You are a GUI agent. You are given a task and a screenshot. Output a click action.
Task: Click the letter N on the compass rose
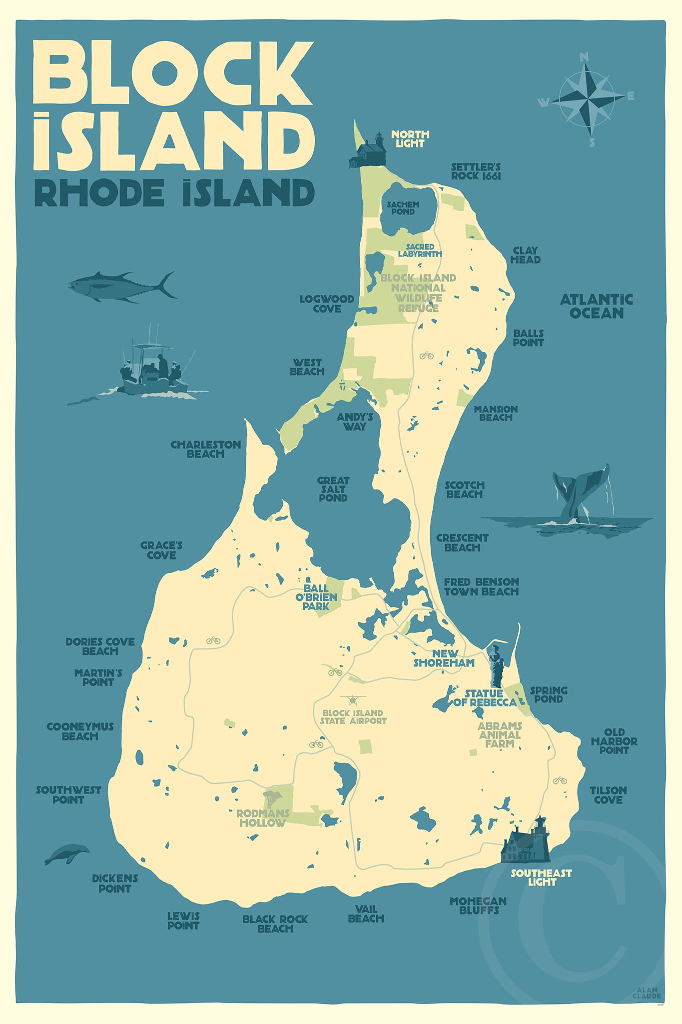tap(583, 58)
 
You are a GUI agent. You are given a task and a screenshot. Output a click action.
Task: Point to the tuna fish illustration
tap(122, 287)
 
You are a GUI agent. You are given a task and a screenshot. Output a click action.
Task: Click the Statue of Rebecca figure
tap(496, 665)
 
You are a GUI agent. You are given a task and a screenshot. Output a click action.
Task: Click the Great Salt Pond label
tap(333, 489)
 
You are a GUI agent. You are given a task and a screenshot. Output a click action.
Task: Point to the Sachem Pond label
tap(403, 208)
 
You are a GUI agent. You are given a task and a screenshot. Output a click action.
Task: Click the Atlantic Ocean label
tap(596, 306)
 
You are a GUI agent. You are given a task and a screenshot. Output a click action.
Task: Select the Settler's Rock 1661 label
tap(476, 171)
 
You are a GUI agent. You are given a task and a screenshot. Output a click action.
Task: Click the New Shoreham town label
tap(444, 658)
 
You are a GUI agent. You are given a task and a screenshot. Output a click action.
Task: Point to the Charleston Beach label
tap(205, 449)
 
